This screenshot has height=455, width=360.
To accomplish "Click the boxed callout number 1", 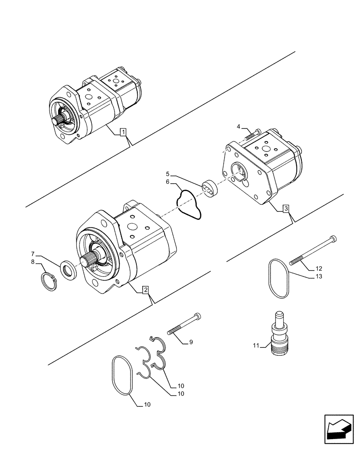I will (x=123, y=132).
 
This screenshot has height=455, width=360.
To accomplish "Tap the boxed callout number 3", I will (x=285, y=208).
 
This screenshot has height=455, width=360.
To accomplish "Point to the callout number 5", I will (x=168, y=173).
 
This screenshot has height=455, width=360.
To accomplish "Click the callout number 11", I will (x=256, y=346).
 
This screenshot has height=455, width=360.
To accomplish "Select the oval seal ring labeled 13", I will (x=277, y=278).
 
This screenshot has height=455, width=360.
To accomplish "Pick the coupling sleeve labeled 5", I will (x=211, y=189).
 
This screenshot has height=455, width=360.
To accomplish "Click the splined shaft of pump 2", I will (x=92, y=262).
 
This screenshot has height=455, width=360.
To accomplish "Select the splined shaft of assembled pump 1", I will (x=60, y=121).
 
